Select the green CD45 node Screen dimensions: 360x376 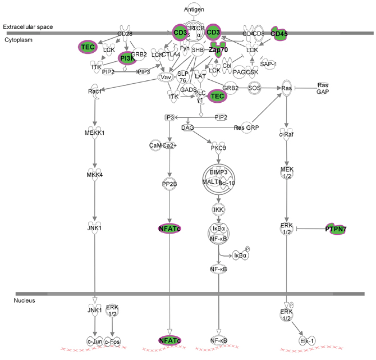279,34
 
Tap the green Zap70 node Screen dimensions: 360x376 215,49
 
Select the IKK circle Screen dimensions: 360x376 218,209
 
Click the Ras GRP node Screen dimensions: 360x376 244,128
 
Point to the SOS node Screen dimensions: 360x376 256,89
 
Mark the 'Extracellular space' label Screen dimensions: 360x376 26,27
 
